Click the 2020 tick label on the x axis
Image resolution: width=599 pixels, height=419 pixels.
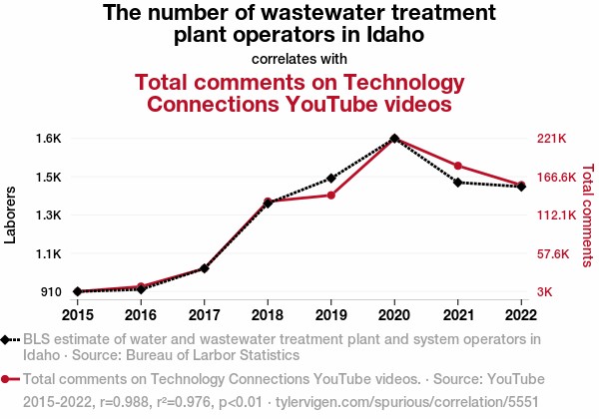(x=394, y=315)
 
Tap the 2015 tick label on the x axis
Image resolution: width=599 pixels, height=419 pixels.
(x=78, y=315)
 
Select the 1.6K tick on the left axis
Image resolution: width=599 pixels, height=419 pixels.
(x=50, y=138)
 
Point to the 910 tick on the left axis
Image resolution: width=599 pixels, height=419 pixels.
(x=53, y=292)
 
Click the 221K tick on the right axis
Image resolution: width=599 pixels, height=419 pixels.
(x=552, y=138)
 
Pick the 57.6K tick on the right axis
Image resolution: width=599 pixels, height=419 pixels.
(x=552, y=254)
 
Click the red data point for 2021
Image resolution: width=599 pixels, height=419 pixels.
(x=458, y=166)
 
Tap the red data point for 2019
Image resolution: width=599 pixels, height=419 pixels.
(x=331, y=195)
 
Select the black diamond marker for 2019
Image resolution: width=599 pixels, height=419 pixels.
(x=331, y=179)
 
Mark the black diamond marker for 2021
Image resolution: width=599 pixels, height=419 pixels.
(x=458, y=182)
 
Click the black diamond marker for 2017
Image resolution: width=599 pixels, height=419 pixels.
(x=205, y=268)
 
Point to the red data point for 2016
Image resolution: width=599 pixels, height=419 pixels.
(x=141, y=286)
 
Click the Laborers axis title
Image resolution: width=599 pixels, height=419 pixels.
(x=11, y=214)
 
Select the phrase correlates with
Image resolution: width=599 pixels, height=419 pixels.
(x=299, y=58)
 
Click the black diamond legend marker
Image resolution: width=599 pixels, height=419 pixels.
(x=8, y=339)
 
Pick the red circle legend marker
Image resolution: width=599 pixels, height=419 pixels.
(x=8, y=379)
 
